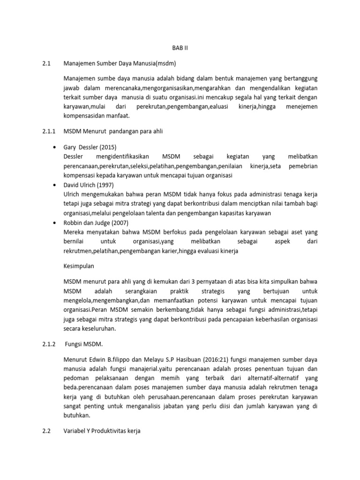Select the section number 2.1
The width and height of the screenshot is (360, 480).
coord(46,63)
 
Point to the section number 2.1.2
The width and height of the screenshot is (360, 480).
coord(48,344)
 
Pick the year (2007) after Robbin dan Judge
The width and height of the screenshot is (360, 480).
coord(120,223)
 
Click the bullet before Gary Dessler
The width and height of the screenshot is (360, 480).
coord(56,147)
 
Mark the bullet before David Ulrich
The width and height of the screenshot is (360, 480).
coord(56,185)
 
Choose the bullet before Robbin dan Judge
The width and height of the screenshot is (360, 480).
coord(56,223)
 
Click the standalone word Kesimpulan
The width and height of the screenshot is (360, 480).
coord(79,266)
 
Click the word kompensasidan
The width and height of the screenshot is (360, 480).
coord(85,116)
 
